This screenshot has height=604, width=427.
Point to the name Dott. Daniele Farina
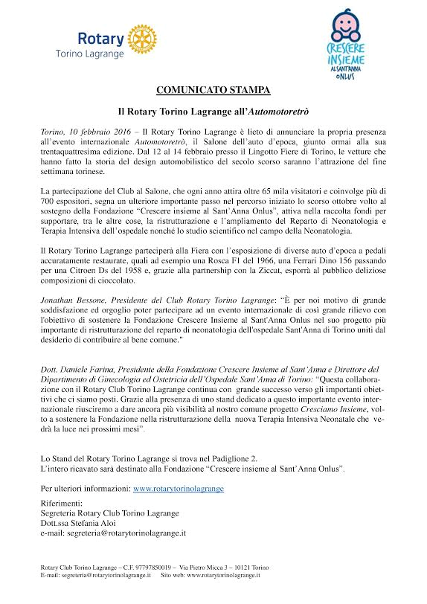pyautogui.click(x=80, y=369)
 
